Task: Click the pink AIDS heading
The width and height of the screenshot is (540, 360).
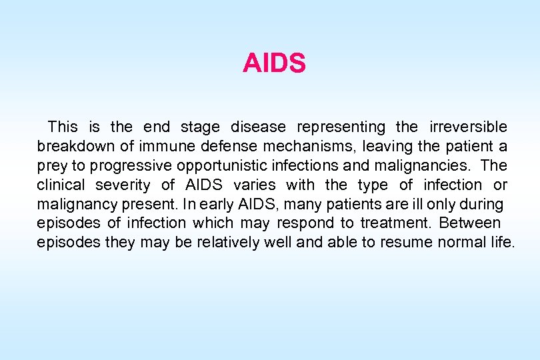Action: coord(274,64)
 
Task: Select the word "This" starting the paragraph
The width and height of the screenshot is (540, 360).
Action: coord(63,127)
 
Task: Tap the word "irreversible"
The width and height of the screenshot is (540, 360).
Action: coord(469,127)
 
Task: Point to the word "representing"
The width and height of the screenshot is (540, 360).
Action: coord(341,127)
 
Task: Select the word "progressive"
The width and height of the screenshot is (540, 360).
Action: coord(127,165)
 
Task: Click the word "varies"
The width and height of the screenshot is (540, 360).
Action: coord(255,185)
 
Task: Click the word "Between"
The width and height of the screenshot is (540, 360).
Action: coord(471,223)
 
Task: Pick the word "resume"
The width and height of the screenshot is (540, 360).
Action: coord(407,242)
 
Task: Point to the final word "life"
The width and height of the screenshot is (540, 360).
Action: coord(502,242)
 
